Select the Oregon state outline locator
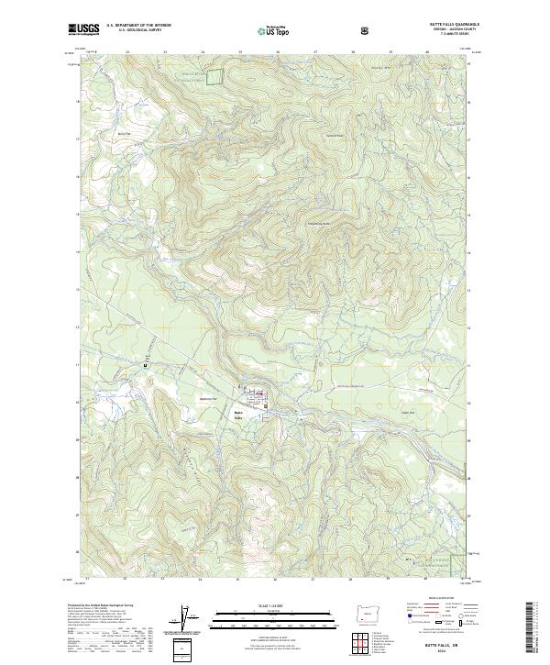tap(368, 615)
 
